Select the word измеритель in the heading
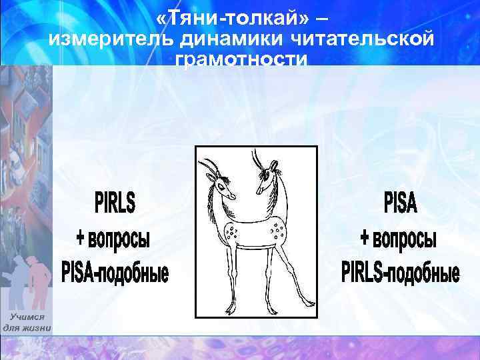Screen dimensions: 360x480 tap(111, 39)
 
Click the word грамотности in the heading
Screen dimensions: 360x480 tap(241, 60)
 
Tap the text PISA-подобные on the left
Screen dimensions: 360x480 tap(115, 272)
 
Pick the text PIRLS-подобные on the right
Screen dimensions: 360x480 tap(400, 272)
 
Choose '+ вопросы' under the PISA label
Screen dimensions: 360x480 tap(400, 237)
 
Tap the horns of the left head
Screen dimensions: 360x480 tap(210, 163)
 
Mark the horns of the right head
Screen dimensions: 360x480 tap(258, 160)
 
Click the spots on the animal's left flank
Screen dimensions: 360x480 tap(233, 232)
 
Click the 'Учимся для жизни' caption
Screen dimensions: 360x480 tap(27, 323)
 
